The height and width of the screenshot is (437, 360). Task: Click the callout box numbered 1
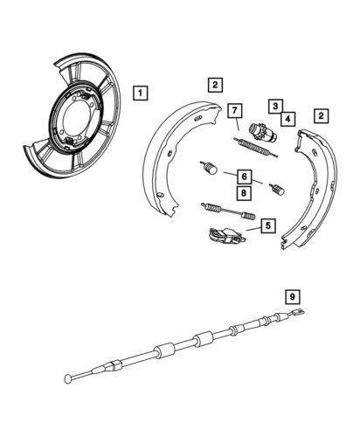[140, 92]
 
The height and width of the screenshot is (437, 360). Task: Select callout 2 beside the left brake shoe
[214, 85]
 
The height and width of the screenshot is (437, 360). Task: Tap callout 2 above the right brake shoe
[322, 114]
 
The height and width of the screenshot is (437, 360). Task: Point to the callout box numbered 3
[273, 105]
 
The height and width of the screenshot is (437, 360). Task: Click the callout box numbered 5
[267, 225]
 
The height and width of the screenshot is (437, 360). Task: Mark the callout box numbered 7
[235, 110]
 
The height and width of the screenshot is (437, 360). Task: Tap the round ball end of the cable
[68, 378]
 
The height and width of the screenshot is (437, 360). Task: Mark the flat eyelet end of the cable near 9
[297, 316]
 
